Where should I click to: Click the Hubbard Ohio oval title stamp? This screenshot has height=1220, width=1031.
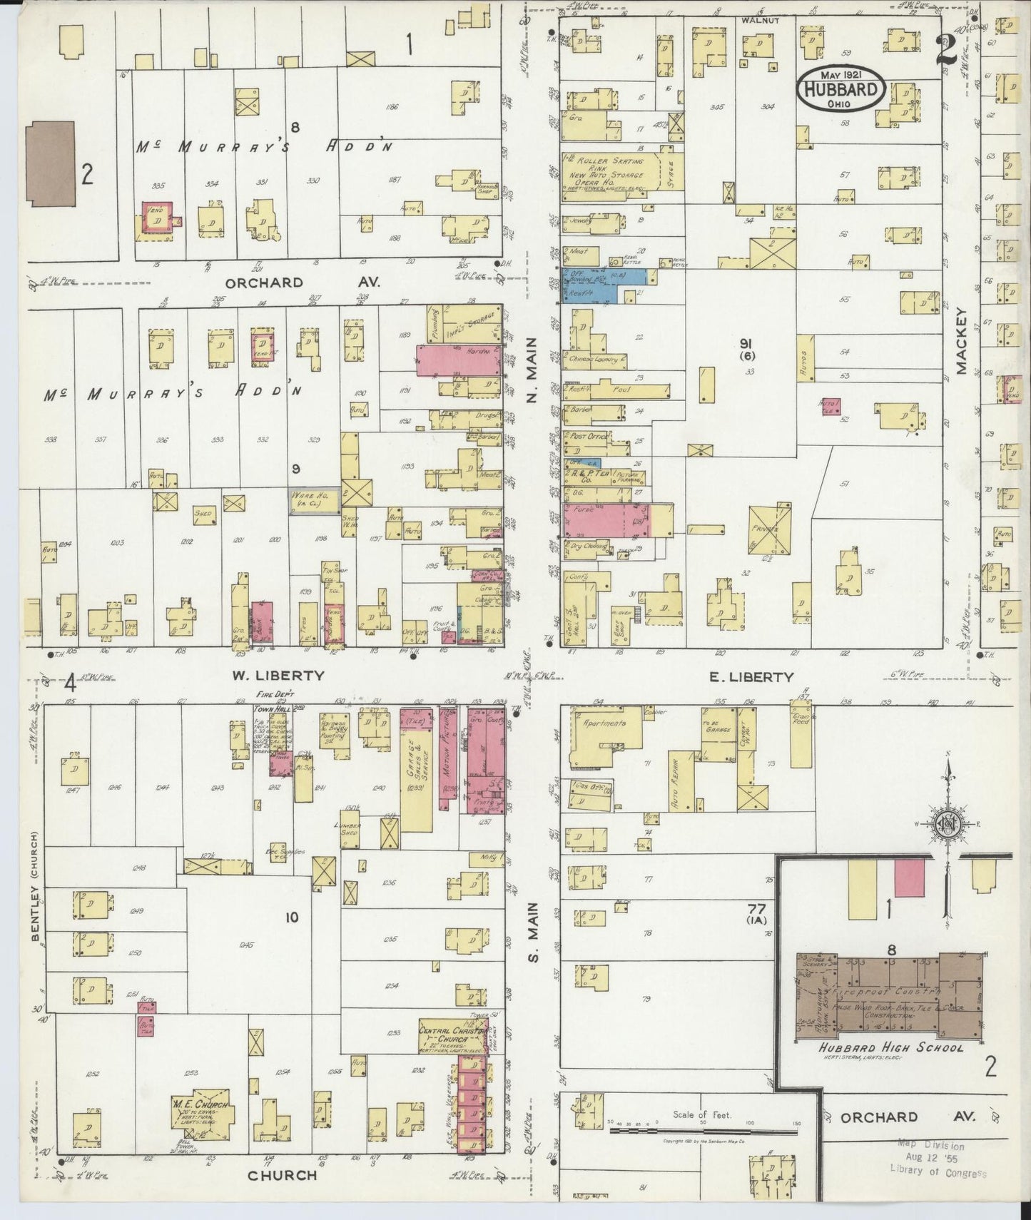pyautogui.click(x=841, y=88)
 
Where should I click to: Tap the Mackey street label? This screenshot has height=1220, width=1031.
pyautogui.click(x=961, y=341)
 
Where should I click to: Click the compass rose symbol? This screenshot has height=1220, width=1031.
pyautogui.click(x=949, y=826)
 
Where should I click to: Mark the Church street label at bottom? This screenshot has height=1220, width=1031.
pyautogui.click(x=282, y=1174)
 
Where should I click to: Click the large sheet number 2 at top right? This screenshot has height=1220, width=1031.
pyautogui.click(x=947, y=49)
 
